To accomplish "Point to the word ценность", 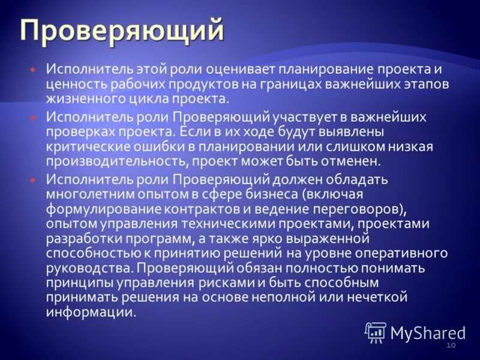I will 73,85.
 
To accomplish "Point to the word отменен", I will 352,162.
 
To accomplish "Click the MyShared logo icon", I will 376,332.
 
